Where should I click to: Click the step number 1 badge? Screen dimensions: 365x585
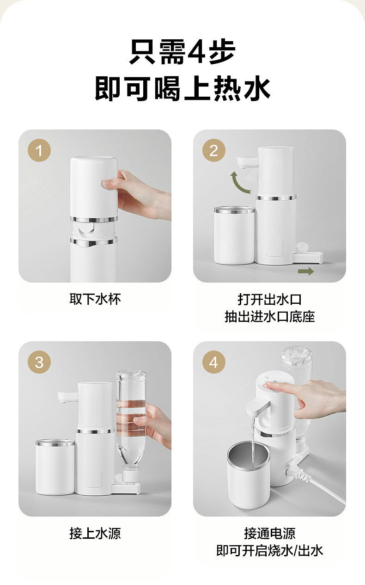pyautogui.click(x=39, y=150)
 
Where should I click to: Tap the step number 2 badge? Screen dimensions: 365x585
pyautogui.click(x=213, y=150)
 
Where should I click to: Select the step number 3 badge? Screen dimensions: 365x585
pyautogui.click(x=39, y=362)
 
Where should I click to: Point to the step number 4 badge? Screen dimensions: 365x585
pyautogui.click(x=213, y=362)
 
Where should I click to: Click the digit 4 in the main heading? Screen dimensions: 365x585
pyautogui.click(x=197, y=51)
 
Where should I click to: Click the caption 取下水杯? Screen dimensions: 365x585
pyautogui.click(x=95, y=299)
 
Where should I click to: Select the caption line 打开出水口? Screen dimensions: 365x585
pyautogui.click(x=269, y=299)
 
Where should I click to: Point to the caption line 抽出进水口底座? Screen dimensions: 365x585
pyautogui.click(x=269, y=316)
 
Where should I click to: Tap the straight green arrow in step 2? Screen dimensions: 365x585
pyautogui.click(x=306, y=271)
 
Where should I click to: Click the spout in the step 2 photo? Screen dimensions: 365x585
pyautogui.click(x=247, y=162)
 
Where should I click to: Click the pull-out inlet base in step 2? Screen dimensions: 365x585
pyautogui.click(x=308, y=257)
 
